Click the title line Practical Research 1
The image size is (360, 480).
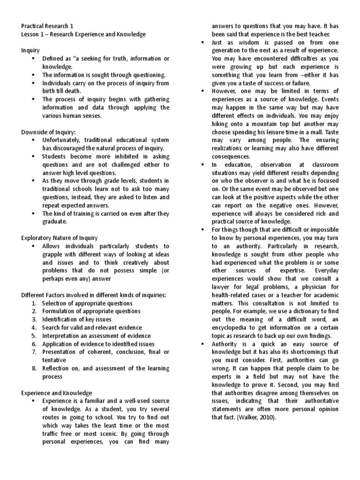[47, 26]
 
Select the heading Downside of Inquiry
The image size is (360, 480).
[48, 132]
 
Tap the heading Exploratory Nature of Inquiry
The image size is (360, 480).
[60, 238]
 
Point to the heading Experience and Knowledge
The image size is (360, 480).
[57, 393]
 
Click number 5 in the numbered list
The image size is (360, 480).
[34, 336]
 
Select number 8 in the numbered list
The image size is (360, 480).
[34, 368]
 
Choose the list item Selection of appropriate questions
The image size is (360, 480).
[87, 303]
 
